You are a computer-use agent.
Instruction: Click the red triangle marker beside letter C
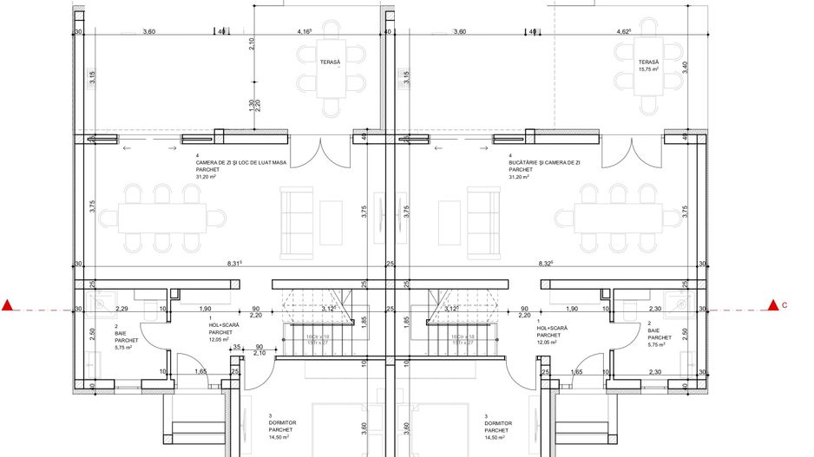[x=772, y=304]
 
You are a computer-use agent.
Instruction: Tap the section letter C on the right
[x=785, y=305]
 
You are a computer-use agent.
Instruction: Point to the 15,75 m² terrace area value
[x=649, y=69]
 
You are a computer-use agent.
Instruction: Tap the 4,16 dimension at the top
[x=305, y=32]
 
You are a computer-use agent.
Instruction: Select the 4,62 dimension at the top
[x=623, y=32]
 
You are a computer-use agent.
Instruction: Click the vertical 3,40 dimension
[x=686, y=66]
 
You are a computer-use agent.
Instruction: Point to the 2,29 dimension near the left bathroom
[x=121, y=309]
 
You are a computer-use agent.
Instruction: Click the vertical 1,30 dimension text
[x=251, y=106]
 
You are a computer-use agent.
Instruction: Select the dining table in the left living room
[x=162, y=214]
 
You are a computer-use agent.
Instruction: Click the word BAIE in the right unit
[x=654, y=331]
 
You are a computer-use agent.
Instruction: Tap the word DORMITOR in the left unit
[x=282, y=423]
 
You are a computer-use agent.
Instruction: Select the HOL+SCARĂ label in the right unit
[x=554, y=328]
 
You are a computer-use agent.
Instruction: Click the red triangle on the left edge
[x=8, y=304]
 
